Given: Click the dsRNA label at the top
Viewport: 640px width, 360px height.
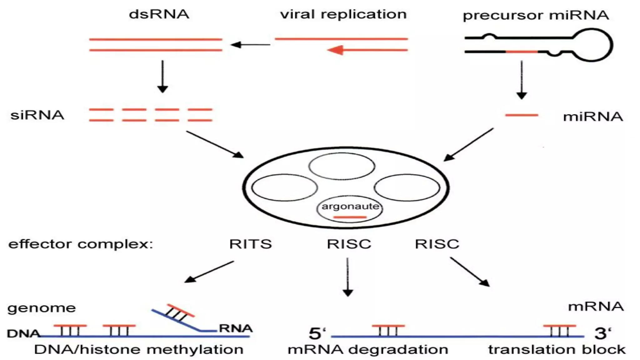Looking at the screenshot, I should pos(159,14).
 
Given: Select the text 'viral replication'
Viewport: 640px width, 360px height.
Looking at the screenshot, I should pos(343,14).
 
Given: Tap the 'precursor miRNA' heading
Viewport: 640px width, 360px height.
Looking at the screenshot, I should pos(536,15).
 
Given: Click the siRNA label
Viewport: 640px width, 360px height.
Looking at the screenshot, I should pos(37,115).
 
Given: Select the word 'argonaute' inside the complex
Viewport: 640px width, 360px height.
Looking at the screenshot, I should pos(350,206).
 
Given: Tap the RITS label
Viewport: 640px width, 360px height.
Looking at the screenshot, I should pos(250,244).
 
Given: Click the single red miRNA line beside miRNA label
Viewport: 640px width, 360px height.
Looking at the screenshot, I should pos(521,115).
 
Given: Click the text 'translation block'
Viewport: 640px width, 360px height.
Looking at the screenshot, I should pos(557,350).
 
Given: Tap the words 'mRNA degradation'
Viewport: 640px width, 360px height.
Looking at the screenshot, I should pos(368,350).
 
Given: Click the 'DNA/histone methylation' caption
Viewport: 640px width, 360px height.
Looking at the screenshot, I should pos(139,350).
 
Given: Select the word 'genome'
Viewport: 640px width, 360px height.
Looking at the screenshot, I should pos(42,308).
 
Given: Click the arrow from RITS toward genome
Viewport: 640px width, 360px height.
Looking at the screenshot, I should pos(209,272).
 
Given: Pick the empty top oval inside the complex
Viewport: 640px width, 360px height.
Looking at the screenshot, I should pos(342,166).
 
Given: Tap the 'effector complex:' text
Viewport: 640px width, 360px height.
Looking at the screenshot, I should pos(81,244).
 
